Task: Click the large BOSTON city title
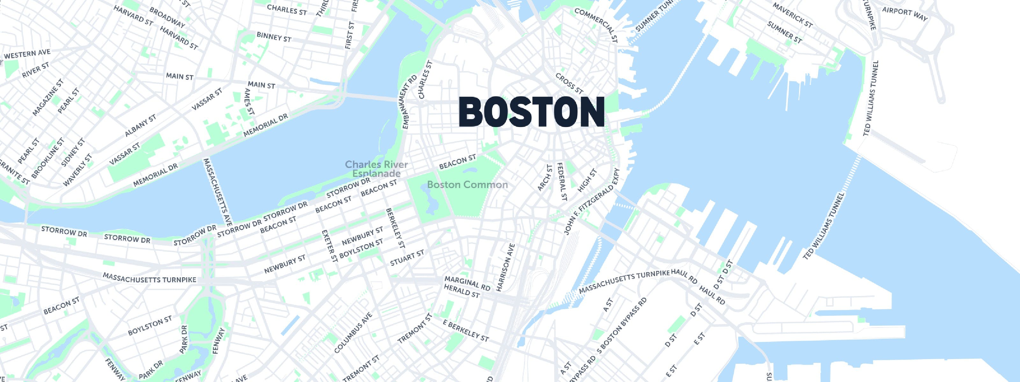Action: (531, 112)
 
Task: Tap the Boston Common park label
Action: (467, 185)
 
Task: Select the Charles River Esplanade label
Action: (376, 169)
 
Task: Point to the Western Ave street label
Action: (27, 54)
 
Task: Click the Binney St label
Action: (274, 37)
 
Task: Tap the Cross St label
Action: (569, 83)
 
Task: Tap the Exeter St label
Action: (330, 246)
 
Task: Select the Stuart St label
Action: (407, 258)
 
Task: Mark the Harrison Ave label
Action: (505, 268)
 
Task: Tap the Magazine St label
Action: (48, 97)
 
